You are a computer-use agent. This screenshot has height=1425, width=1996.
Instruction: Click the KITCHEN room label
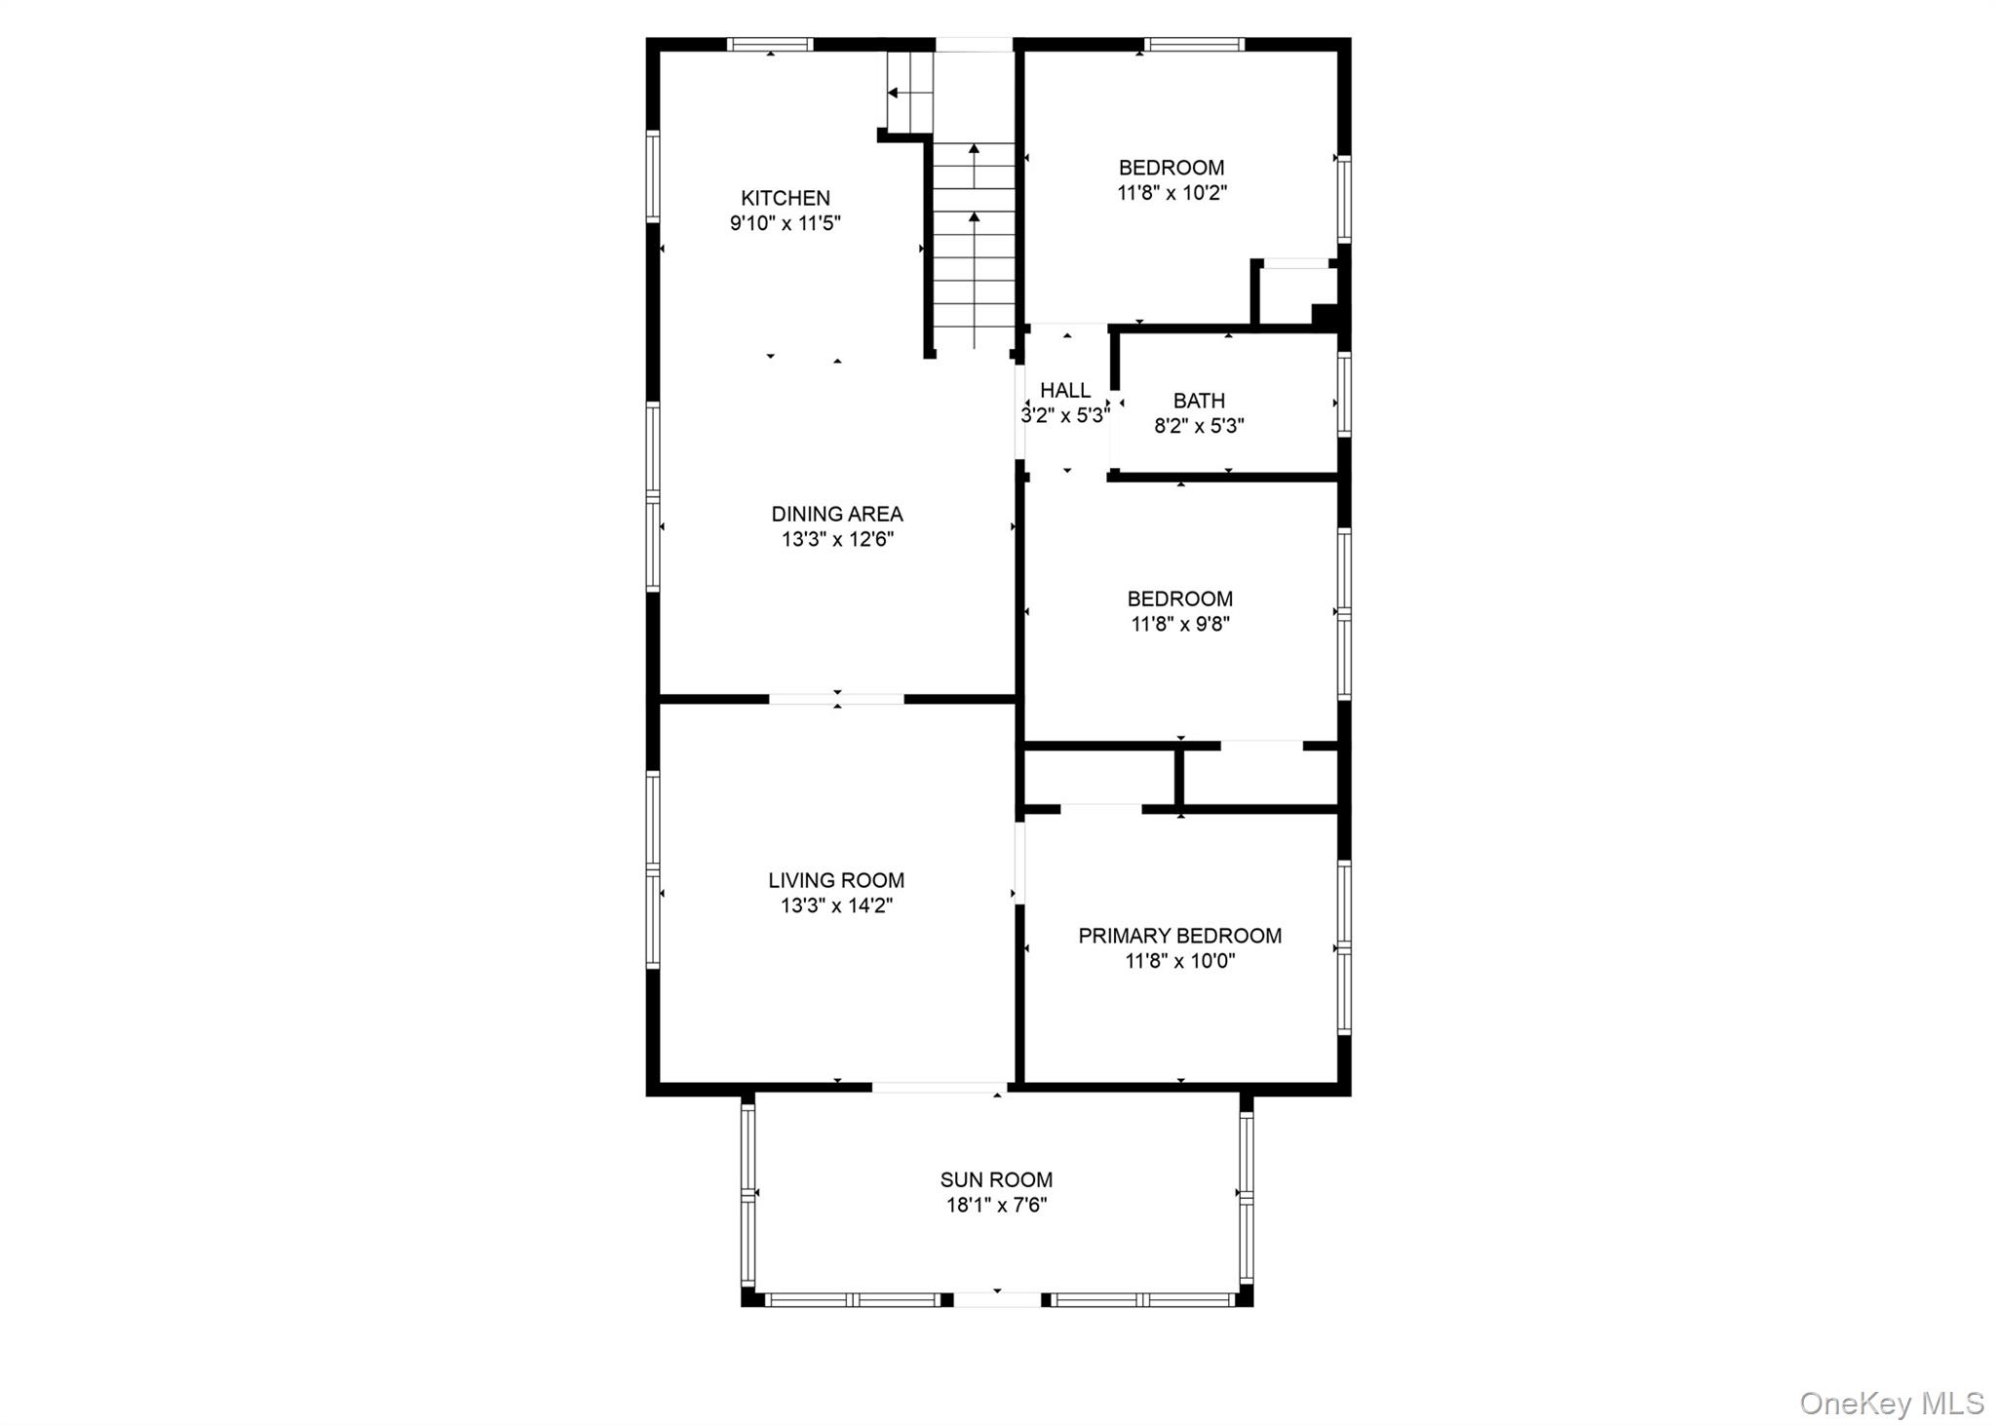(x=785, y=198)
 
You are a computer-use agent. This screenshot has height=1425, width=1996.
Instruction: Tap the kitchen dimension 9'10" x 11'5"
(x=785, y=223)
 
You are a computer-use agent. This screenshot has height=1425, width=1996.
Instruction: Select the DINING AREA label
(x=836, y=514)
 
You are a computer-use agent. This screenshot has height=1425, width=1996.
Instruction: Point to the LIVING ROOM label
(x=836, y=880)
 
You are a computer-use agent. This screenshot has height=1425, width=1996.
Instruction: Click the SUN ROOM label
(x=996, y=1179)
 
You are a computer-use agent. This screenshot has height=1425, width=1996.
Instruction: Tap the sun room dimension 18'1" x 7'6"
(x=996, y=1205)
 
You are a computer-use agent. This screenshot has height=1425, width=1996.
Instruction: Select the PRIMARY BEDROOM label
(x=1179, y=936)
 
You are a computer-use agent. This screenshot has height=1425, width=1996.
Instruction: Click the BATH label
(x=1199, y=401)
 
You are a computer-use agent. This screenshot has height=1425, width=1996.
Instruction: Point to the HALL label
(x=1064, y=391)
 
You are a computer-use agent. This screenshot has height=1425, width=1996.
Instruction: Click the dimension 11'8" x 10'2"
(x=1171, y=193)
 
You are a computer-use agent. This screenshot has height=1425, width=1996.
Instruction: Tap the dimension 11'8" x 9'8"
(x=1179, y=624)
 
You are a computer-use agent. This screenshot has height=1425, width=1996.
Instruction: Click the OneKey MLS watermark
(x=1891, y=1403)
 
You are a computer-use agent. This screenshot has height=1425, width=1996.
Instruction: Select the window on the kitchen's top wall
(x=770, y=44)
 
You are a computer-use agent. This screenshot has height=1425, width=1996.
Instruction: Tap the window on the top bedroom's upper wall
(x=1194, y=44)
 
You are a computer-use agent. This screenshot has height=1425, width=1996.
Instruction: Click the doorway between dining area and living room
(x=836, y=699)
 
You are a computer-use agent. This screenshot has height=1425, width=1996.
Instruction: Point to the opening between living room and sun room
(x=940, y=1088)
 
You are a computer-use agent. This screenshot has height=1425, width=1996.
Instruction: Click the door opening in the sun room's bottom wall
(x=996, y=1299)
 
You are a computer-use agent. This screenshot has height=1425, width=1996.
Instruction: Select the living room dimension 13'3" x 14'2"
(x=836, y=905)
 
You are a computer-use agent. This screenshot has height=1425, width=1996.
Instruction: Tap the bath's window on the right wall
(x=1344, y=394)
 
